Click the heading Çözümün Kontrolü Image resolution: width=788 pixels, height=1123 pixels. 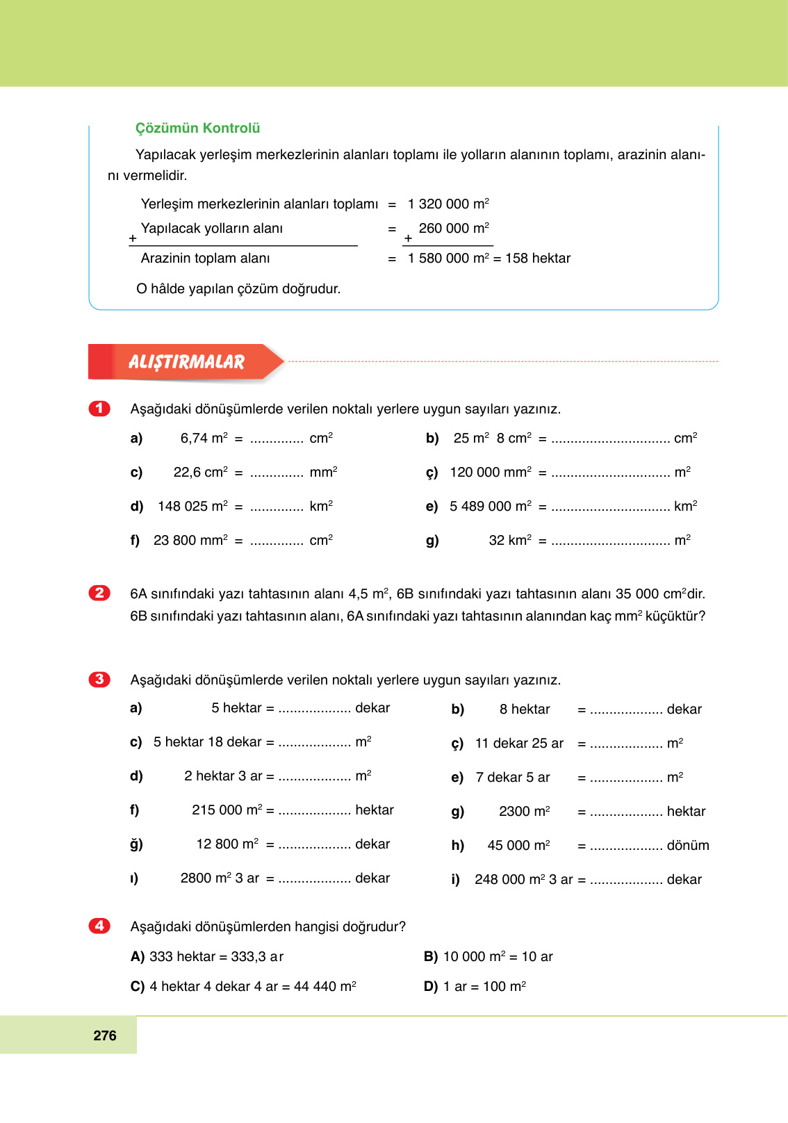197,128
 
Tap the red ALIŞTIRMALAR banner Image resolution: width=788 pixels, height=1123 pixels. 186,362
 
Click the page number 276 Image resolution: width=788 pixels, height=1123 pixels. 105,1035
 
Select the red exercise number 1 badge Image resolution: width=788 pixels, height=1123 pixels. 99,409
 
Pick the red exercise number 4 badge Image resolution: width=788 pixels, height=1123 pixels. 99,926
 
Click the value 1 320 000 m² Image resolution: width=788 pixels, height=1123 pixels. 448,204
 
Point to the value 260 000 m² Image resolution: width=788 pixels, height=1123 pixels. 454,229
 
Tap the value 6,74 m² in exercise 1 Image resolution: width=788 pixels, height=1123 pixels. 204,438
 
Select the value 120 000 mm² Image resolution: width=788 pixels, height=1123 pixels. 491,473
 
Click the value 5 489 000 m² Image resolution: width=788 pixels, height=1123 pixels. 491,507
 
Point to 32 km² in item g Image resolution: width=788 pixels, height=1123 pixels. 510,541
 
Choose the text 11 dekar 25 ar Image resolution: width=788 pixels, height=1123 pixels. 519,744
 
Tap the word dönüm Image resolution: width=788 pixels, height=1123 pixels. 688,846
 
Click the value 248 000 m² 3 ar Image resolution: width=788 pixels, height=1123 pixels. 524,880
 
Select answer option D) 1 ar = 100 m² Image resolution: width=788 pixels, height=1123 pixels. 475,987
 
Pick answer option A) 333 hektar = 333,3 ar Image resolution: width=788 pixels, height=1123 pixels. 207,957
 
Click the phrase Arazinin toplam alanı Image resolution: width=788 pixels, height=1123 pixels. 205,259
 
